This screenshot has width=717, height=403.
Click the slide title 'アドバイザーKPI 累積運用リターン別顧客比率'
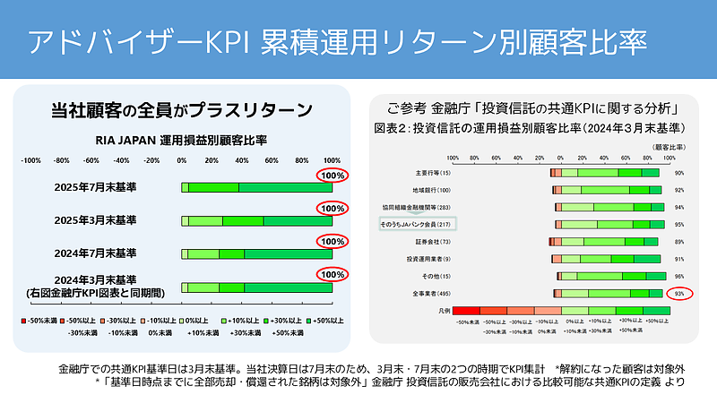pyautogui.click(x=335, y=43)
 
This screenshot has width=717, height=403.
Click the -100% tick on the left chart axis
pyautogui.click(x=31, y=160)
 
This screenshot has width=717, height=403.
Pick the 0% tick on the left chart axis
pyautogui.click(x=182, y=160)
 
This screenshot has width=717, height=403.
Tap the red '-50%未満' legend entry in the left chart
pyautogui.click(x=40, y=319)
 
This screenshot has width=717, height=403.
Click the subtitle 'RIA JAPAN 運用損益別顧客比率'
pyautogui.click(x=181, y=140)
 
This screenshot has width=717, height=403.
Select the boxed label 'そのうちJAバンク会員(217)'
pyautogui.click(x=418, y=224)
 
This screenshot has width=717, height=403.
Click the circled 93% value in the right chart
pyautogui.click(x=679, y=293)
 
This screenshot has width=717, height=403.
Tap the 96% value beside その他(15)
pyautogui.click(x=679, y=276)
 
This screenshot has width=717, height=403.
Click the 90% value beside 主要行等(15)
pyautogui.click(x=679, y=173)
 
